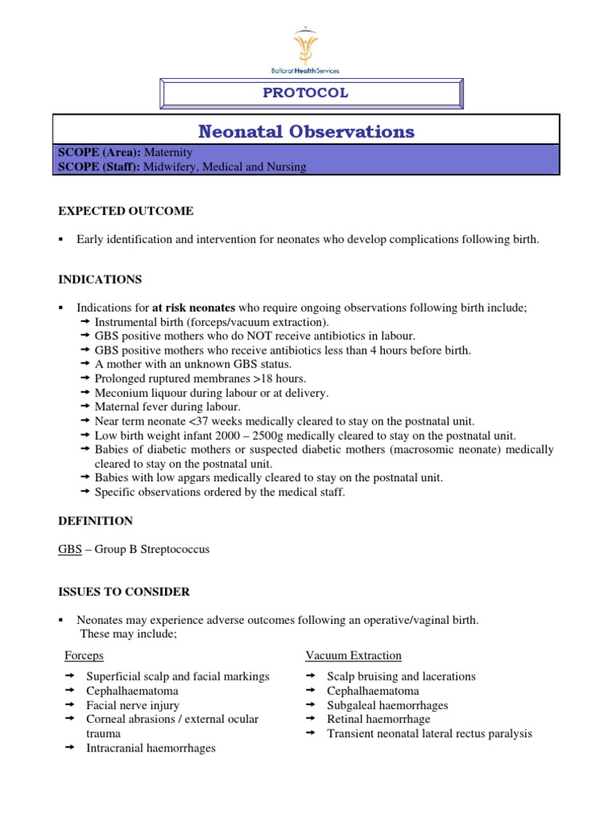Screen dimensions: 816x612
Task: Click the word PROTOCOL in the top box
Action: (306, 93)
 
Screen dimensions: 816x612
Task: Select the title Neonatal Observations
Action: (306, 131)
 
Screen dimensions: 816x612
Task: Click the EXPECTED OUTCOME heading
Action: (125, 210)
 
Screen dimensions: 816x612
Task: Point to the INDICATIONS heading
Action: (100, 279)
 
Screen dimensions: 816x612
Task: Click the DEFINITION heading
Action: (96, 520)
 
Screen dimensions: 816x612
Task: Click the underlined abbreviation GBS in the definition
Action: (70, 550)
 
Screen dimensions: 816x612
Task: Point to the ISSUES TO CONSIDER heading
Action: (124, 591)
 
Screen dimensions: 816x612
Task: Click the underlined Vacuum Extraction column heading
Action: (353, 655)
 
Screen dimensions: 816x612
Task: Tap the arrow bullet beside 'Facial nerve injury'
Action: (69, 705)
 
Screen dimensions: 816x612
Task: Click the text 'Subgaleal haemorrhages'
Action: (387, 705)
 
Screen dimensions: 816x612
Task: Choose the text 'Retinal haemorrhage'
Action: (379, 719)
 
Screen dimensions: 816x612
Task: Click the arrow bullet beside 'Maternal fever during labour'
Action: (86, 407)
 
